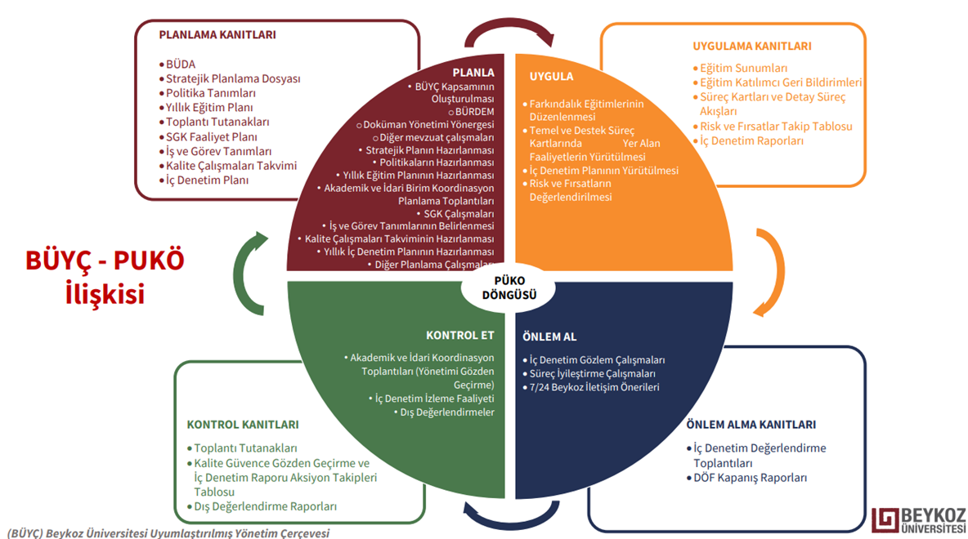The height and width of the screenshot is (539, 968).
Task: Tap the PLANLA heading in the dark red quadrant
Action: [473, 72]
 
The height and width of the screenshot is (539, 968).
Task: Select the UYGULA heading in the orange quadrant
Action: [551, 76]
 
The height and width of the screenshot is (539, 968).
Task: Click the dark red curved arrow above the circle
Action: [509, 31]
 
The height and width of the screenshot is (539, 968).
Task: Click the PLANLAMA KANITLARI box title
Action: [217, 35]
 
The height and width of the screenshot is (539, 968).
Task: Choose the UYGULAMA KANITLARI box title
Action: [751, 46]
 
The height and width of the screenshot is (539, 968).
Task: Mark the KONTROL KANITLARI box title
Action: [243, 425]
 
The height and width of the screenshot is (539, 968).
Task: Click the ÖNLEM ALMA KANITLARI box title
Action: [751, 425]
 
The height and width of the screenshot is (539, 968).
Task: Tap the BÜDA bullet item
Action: [180, 64]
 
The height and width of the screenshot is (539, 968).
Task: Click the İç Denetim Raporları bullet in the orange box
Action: [751, 140]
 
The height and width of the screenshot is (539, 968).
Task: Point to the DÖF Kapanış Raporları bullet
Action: [750, 478]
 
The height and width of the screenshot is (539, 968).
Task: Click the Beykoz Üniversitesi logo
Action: [918, 519]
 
